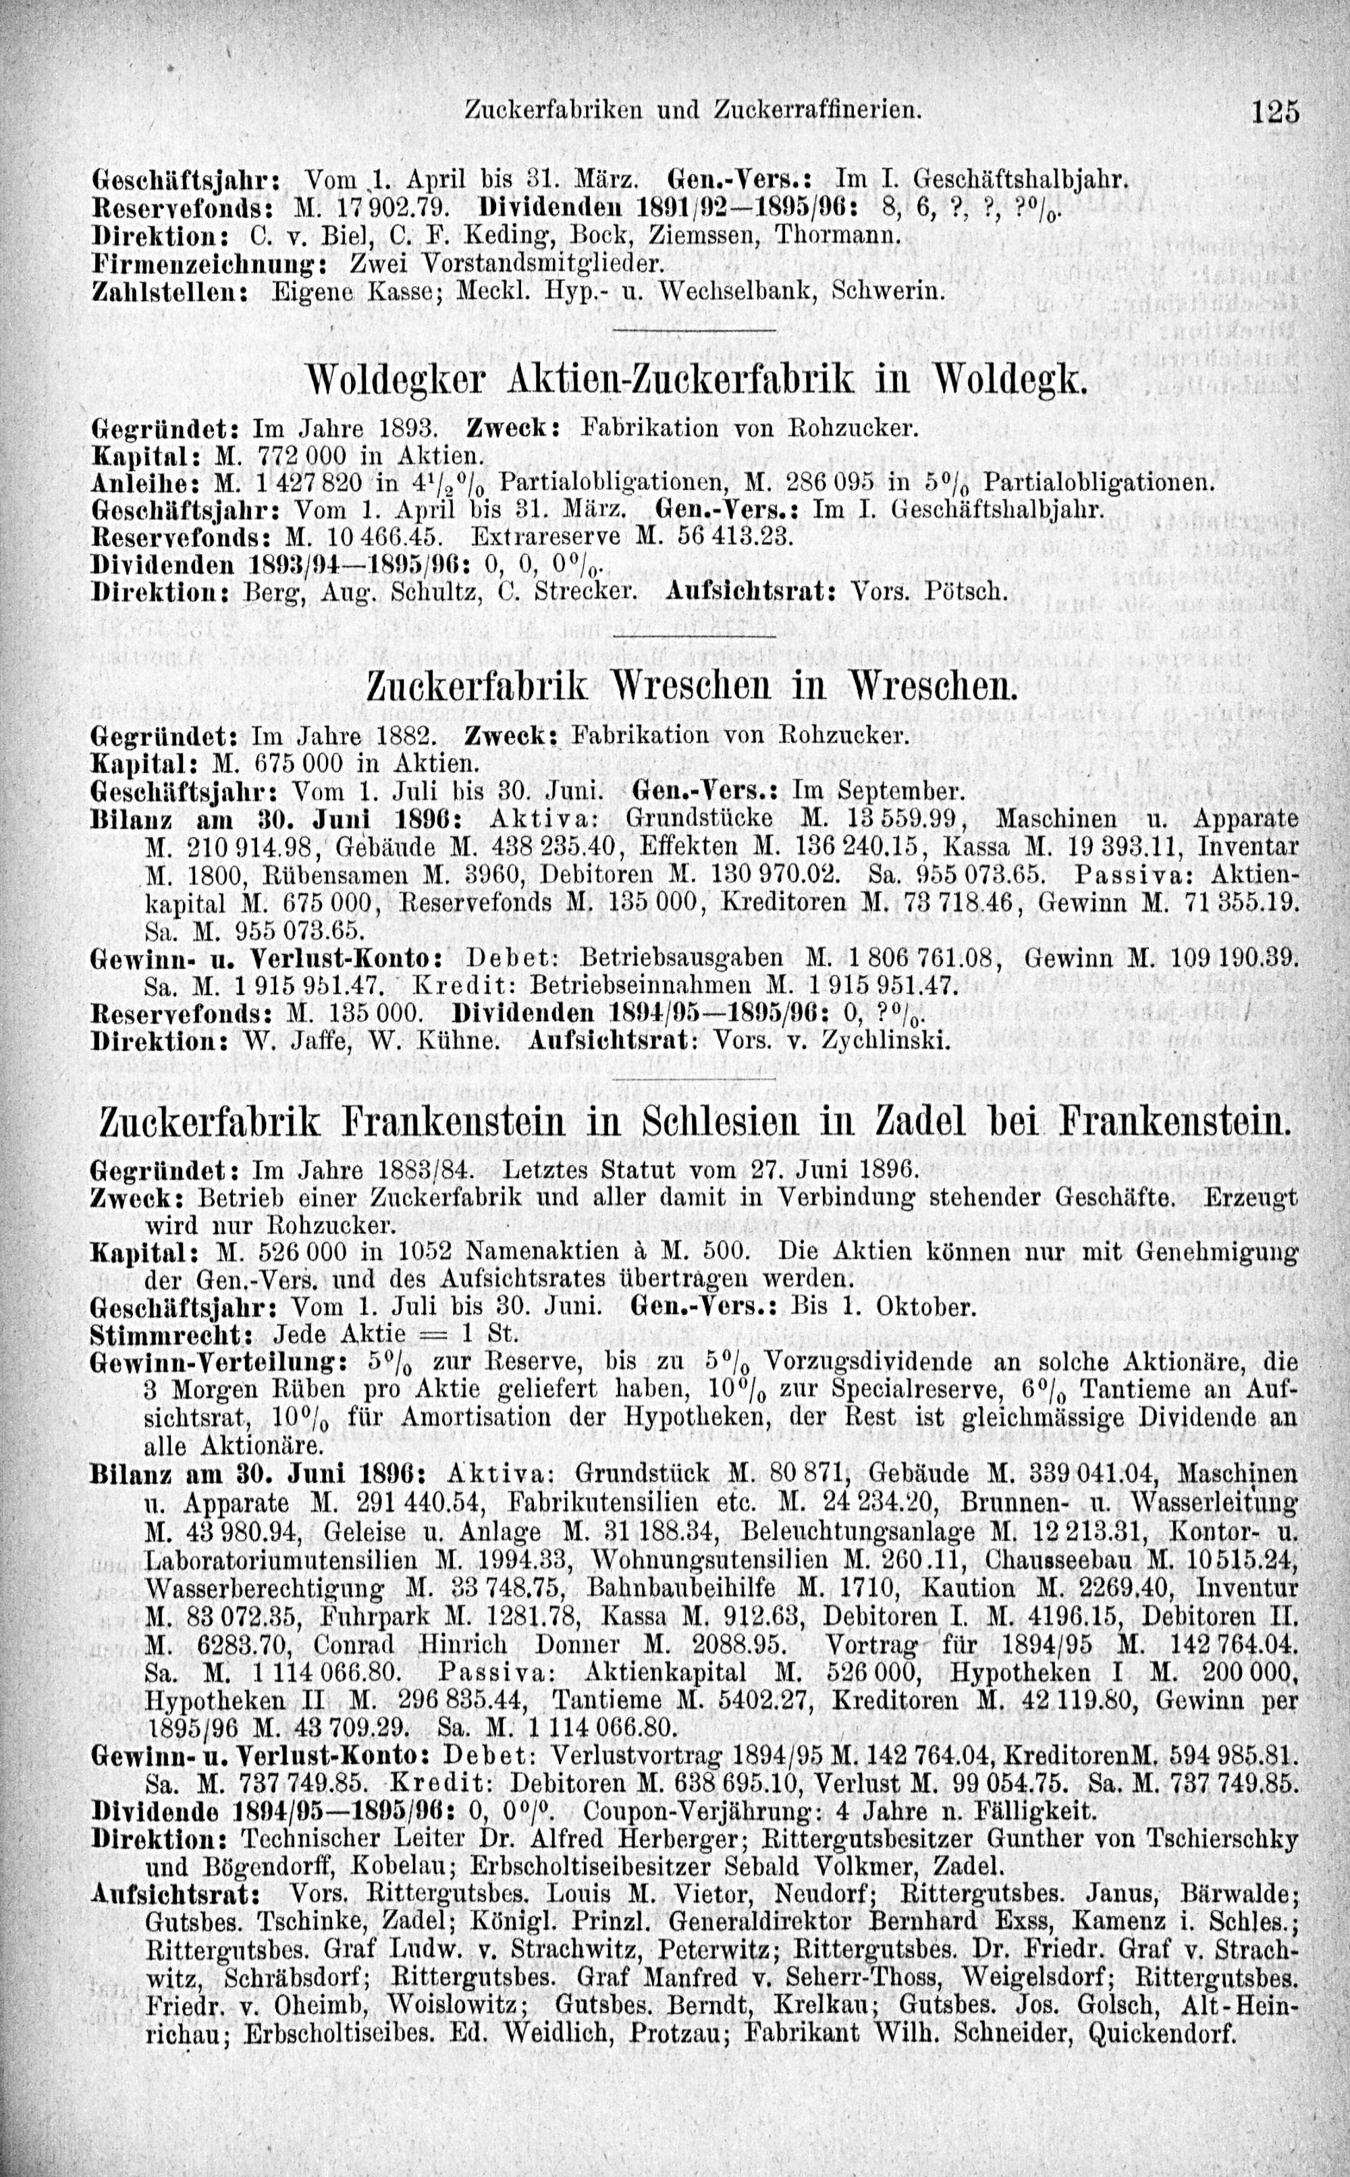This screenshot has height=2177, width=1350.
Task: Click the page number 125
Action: click(x=1274, y=111)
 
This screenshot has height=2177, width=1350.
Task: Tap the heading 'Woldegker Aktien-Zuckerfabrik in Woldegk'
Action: click(x=697, y=382)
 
